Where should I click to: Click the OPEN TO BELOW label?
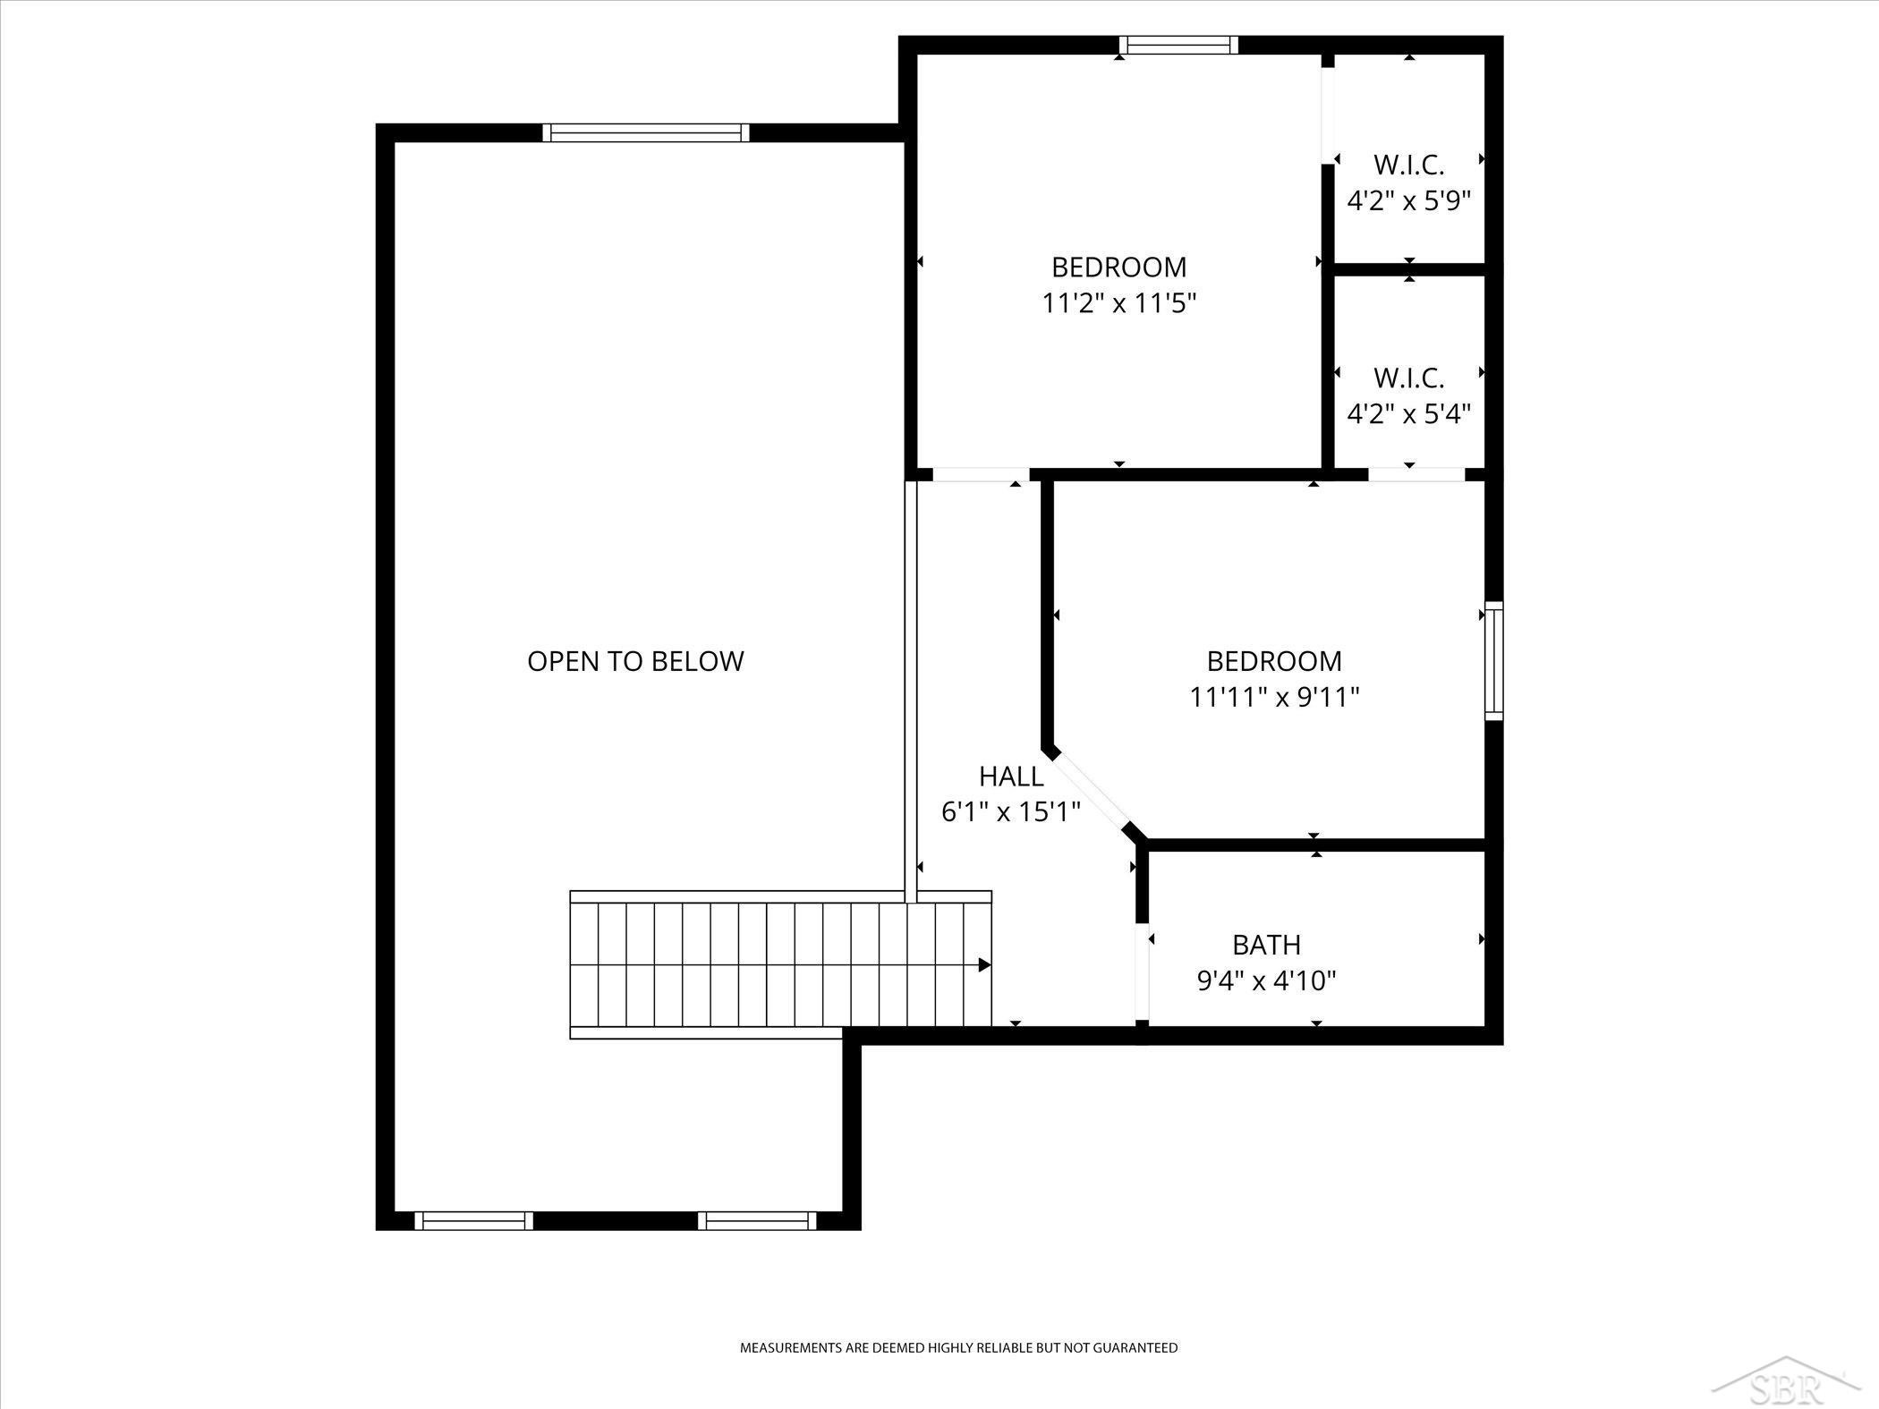point(635,661)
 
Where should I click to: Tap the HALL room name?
point(1011,776)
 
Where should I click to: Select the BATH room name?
point(1266,945)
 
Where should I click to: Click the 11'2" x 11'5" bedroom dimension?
point(1118,303)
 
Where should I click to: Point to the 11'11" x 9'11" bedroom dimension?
point(1274,697)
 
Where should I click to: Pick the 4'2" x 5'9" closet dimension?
point(1409,200)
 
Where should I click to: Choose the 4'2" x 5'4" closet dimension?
point(1409,414)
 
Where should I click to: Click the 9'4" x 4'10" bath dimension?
point(1266,981)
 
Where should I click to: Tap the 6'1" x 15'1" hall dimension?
point(1011,811)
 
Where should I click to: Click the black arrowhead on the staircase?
point(984,965)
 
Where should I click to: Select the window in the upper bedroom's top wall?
point(1178,45)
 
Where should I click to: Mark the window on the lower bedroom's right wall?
point(1494,661)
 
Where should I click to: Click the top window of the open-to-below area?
point(645,132)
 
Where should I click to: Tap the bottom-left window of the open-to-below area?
point(474,1220)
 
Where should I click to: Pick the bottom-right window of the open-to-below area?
point(757,1220)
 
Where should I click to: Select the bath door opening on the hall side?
point(1142,972)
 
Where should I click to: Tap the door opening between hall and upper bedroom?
point(981,474)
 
